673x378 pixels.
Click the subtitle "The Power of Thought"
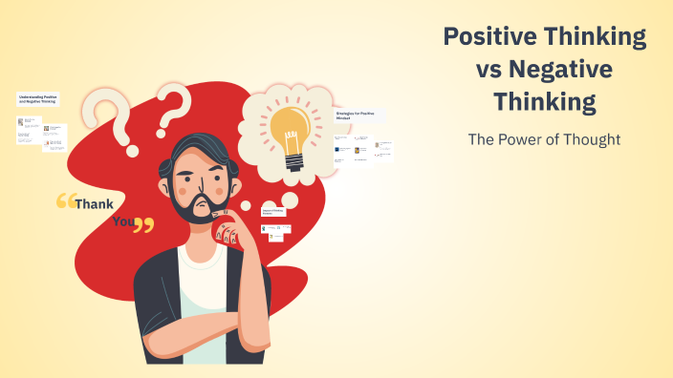pyautogui.click(x=544, y=139)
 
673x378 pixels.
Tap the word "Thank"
pyautogui.click(x=94, y=203)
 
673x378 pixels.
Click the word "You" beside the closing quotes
pyautogui.click(x=122, y=221)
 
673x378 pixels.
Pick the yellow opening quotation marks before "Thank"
pyautogui.click(x=65, y=201)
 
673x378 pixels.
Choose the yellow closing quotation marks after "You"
pyautogui.click(x=143, y=225)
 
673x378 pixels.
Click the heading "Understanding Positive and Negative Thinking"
pyautogui.click(x=39, y=98)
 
